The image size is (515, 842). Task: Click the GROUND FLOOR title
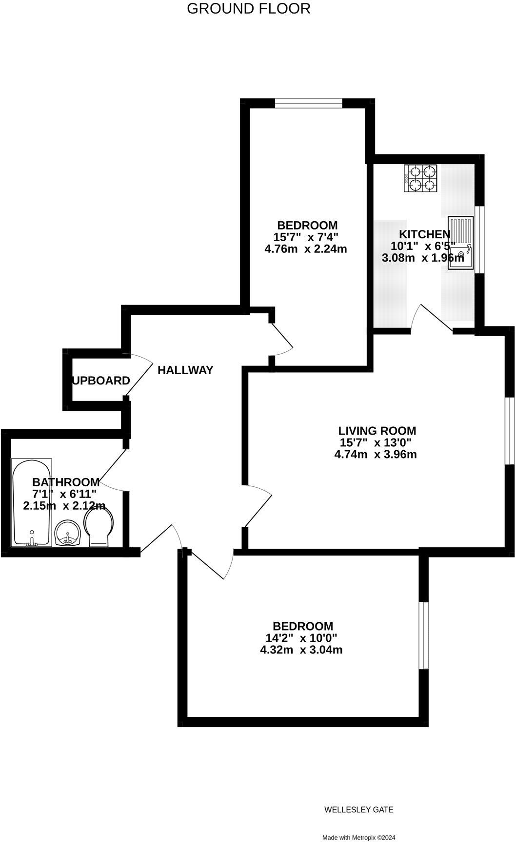249,9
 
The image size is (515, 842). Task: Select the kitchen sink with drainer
461,242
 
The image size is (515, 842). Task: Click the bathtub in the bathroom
31,502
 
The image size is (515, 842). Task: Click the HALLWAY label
185,370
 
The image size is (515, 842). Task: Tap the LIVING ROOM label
377,431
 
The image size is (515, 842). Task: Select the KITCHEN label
424,234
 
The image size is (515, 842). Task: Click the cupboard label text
101,381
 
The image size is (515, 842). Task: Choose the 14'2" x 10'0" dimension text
301,638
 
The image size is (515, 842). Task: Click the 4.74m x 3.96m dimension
375,455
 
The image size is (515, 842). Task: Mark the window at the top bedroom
308,103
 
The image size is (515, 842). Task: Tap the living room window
510,431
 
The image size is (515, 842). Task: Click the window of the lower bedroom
424,635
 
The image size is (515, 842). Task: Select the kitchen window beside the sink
480,240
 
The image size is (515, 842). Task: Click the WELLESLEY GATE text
358,810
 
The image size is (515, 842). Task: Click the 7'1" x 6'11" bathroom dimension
64,494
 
